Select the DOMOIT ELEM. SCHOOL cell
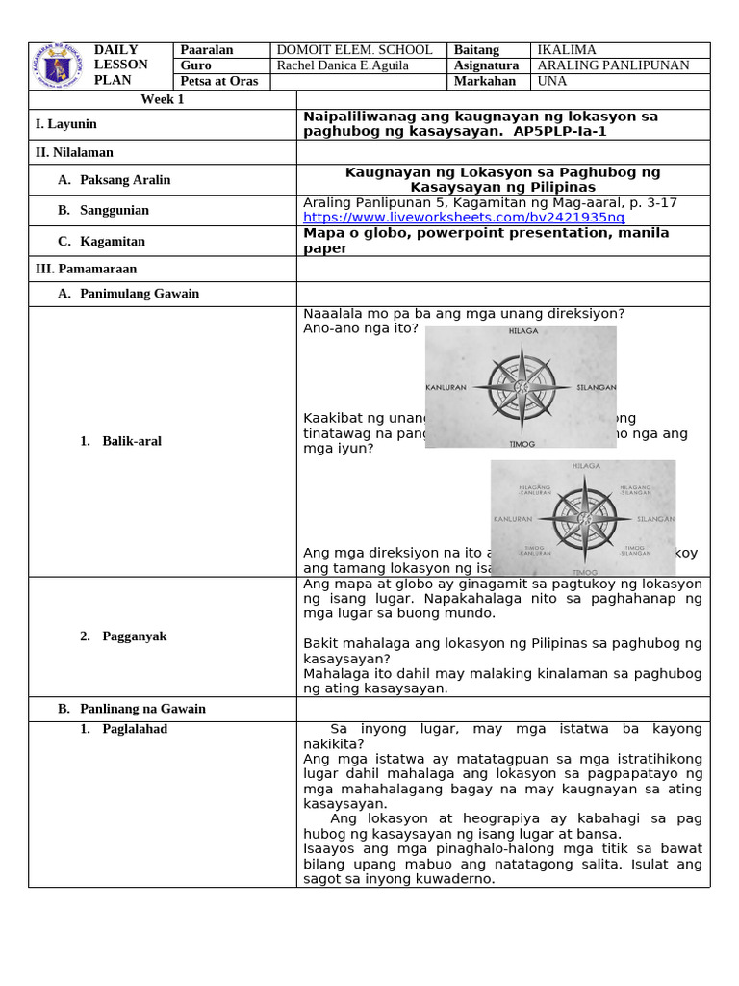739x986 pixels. [354, 50]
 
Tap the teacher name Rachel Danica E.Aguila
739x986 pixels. [342, 65]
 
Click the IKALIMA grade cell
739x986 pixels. [567, 50]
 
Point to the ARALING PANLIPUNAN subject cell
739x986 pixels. [613, 65]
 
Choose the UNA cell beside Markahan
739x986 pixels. [552, 81]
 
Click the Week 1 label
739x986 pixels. [162, 99]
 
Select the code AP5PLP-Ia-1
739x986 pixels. [560, 131]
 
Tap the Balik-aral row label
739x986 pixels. [132, 441]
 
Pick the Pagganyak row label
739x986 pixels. [131, 636]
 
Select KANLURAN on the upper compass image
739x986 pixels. [446, 388]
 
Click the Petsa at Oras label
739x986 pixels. [219, 81]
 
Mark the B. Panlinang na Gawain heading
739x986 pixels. [132, 709]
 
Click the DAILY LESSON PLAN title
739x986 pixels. [120, 65]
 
